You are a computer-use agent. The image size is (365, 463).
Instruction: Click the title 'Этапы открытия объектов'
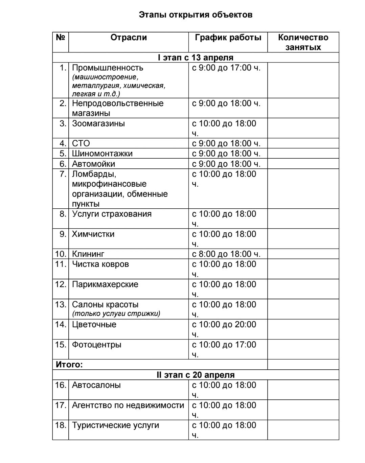pyautogui.click(x=196, y=15)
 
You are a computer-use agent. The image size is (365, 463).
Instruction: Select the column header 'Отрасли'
pyautogui.click(x=129, y=38)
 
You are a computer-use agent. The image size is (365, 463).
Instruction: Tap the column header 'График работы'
pyautogui.click(x=228, y=38)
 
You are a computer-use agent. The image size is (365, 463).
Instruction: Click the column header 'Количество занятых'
pyautogui.click(x=303, y=42)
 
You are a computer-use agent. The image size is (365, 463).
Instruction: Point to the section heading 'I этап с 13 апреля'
pyautogui.click(x=196, y=57)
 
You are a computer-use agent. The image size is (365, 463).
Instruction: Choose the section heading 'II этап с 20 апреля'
pyautogui.click(x=196, y=375)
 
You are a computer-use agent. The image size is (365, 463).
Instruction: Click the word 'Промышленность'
pyautogui.click(x=108, y=68)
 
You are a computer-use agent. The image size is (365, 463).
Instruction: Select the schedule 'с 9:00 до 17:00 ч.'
pyautogui.click(x=226, y=68)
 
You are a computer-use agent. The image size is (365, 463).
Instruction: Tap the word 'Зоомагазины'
pyautogui.click(x=98, y=123)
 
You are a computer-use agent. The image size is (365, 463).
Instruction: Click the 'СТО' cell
pyautogui.click(x=81, y=143)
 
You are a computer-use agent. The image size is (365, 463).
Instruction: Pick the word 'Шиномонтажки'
pyautogui.click(x=102, y=154)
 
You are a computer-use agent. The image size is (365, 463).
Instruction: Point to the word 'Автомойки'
pyautogui.click(x=93, y=164)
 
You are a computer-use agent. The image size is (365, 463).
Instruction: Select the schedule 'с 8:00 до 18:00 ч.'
pyautogui.click(x=226, y=254)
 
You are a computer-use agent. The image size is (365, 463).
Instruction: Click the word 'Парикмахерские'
pyautogui.click(x=105, y=284)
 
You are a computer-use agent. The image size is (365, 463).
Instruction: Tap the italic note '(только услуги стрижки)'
pyautogui.click(x=116, y=314)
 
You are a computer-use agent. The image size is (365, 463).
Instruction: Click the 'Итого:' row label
pyautogui.click(x=69, y=365)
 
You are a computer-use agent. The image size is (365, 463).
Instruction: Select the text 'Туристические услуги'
pyautogui.click(x=115, y=425)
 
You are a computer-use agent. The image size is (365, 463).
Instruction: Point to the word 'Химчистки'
pyautogui.click(x=93, y=234)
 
